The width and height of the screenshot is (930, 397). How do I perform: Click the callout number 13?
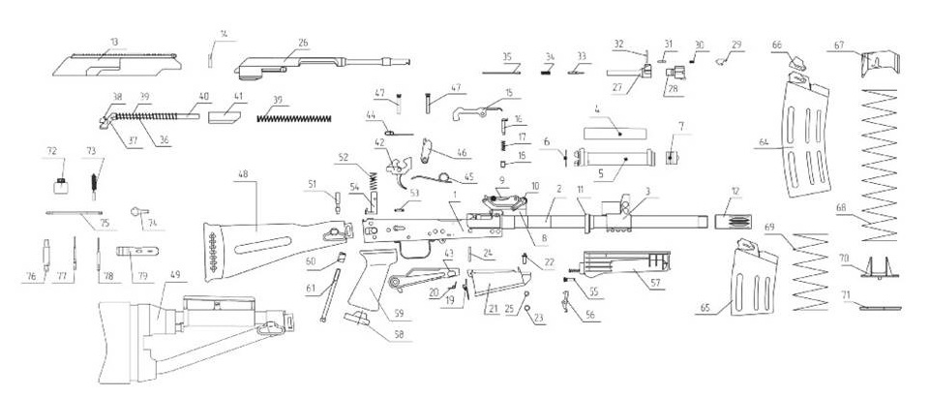tap(113, 43)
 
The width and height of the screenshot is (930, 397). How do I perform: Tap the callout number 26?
tap(303, 43)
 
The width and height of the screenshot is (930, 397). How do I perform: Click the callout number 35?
tap(506, 56)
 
